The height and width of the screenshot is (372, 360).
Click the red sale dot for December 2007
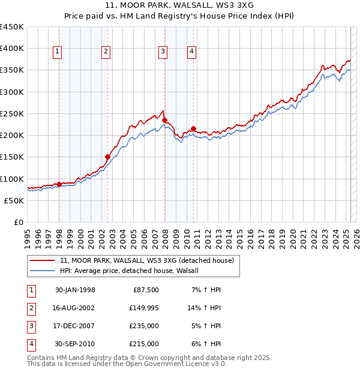[164, 120]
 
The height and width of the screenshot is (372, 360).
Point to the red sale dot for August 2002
[107, 157]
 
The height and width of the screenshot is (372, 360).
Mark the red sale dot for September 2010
[194, 128]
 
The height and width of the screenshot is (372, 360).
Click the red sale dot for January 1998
[59, 184]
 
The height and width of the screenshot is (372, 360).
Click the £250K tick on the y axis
[12, 113]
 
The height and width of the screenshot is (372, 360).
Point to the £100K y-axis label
[12, 179]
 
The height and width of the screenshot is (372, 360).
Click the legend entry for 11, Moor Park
[150, 260]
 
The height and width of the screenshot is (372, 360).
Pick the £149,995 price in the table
[145, 308]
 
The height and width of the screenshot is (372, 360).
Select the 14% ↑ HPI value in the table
[205, 308]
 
